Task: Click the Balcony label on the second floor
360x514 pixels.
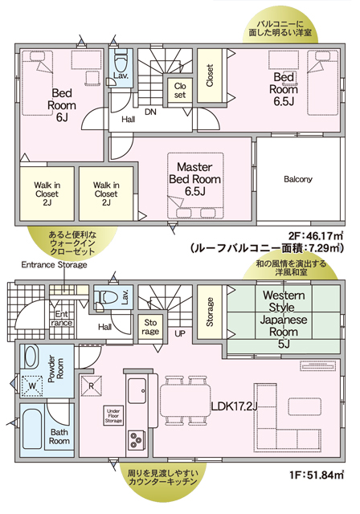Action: [x=297, y=179]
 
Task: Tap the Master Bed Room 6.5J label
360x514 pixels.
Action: [x=194, y=179]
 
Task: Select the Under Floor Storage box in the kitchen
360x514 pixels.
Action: [x=114, y=416]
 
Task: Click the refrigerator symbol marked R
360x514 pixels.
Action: [x=91, y=385]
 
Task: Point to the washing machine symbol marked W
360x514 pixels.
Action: [x=32, y=385]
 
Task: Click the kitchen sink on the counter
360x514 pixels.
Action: [x=137, y=391]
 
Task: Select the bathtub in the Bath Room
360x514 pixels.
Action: [x=32, y=430]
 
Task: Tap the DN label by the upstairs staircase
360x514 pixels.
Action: [x=150, y=112]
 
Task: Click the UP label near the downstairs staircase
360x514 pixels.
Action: [x=180, y=334]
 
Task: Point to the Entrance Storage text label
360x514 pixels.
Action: [x=54, y=264]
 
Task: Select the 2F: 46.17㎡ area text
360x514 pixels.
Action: [x=316, y=235]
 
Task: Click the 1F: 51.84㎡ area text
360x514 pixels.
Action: [x=316, y=475]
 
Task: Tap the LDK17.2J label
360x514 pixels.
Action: [x=234, y=407]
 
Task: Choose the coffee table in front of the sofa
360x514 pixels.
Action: [x=305, y=406]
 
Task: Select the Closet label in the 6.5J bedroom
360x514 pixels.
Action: [x=210, y=75]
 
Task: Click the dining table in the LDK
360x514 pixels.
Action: [x=186, y=400]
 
